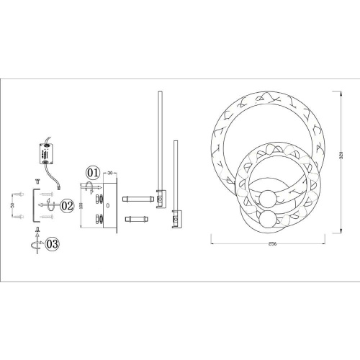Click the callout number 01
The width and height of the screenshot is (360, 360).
coord(93,173)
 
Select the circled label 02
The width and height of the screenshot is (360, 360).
coord(67,206)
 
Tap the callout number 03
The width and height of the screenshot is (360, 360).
coord(53,244)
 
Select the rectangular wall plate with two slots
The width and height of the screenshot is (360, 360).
coord(103,205)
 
